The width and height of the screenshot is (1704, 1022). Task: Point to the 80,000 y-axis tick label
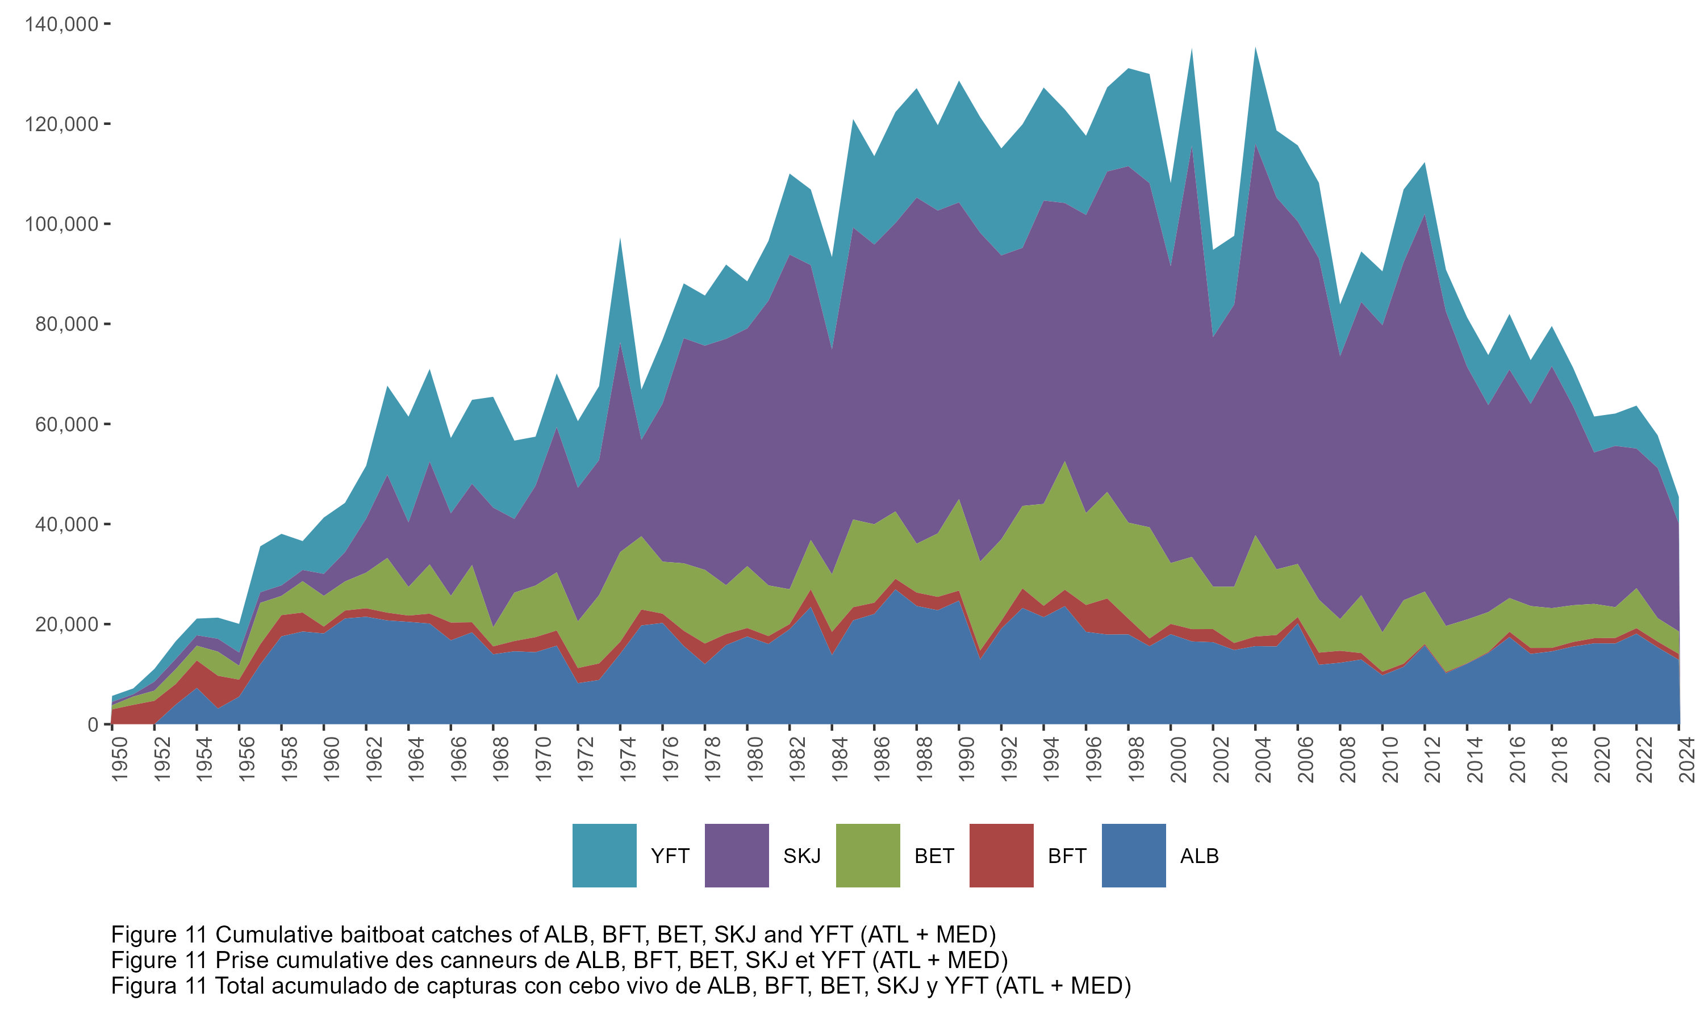(67, 324)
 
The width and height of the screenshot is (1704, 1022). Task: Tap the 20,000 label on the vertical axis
(67, 624)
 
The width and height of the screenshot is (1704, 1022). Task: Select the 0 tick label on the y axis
(93, 724)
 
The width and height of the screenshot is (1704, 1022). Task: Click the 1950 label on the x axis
(120, 759)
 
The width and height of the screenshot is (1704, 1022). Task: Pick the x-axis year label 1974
(628, 759)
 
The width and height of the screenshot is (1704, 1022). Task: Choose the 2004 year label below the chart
(1263, 759)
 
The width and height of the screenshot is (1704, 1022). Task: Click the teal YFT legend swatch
(604, 855)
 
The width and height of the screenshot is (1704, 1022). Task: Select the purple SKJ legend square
(736, 855)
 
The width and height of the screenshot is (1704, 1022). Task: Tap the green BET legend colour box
(868, 855)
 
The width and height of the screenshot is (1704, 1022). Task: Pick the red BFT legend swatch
(1001, 855)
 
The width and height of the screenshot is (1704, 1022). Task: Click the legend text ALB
(1199, 856)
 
